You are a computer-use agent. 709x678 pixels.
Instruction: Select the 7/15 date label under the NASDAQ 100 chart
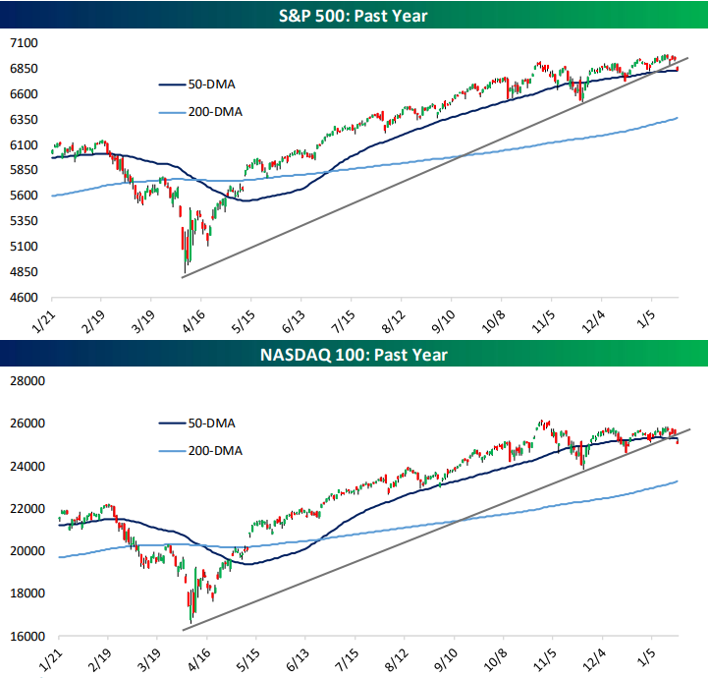pyautogui.click(x=346, y=659)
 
